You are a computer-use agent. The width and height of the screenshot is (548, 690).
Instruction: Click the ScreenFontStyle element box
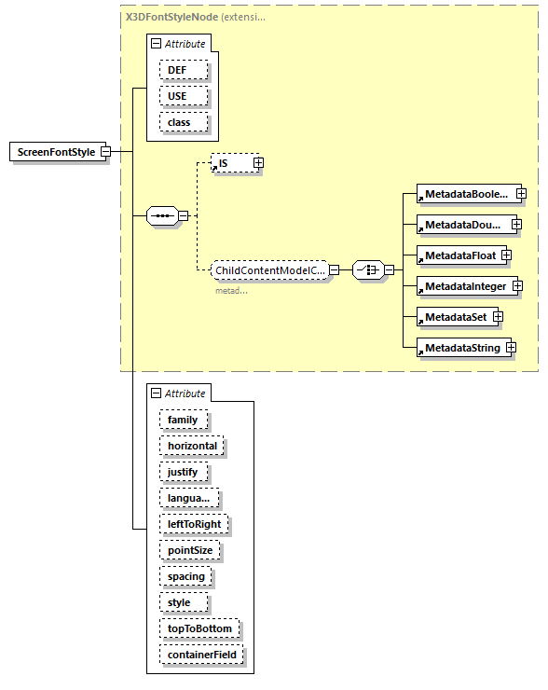[55, 152]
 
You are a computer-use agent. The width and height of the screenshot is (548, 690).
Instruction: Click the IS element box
[231, 163]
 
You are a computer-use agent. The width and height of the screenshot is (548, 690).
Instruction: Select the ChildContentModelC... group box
[269, 270]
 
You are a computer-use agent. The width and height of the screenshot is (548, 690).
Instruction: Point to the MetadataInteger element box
[464, 285]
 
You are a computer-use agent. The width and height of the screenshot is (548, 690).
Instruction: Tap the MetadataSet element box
[454, 317]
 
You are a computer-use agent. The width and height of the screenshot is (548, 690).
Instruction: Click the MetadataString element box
[460, 348]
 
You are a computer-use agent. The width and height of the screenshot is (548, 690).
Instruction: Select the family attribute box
[183, 420]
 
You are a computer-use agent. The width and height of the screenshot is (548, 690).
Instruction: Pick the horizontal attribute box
[192, 446]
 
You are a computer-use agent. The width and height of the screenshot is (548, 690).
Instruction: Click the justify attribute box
[183, 472]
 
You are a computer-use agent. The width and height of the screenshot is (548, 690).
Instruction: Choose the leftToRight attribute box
[194, 524]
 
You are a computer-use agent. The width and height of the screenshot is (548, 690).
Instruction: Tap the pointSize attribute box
[189, 550]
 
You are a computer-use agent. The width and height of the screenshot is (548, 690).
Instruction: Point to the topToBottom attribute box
[199, 628]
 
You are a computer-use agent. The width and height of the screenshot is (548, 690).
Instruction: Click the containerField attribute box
[202, 655]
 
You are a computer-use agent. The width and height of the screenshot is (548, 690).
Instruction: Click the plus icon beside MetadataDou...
[516, 225]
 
